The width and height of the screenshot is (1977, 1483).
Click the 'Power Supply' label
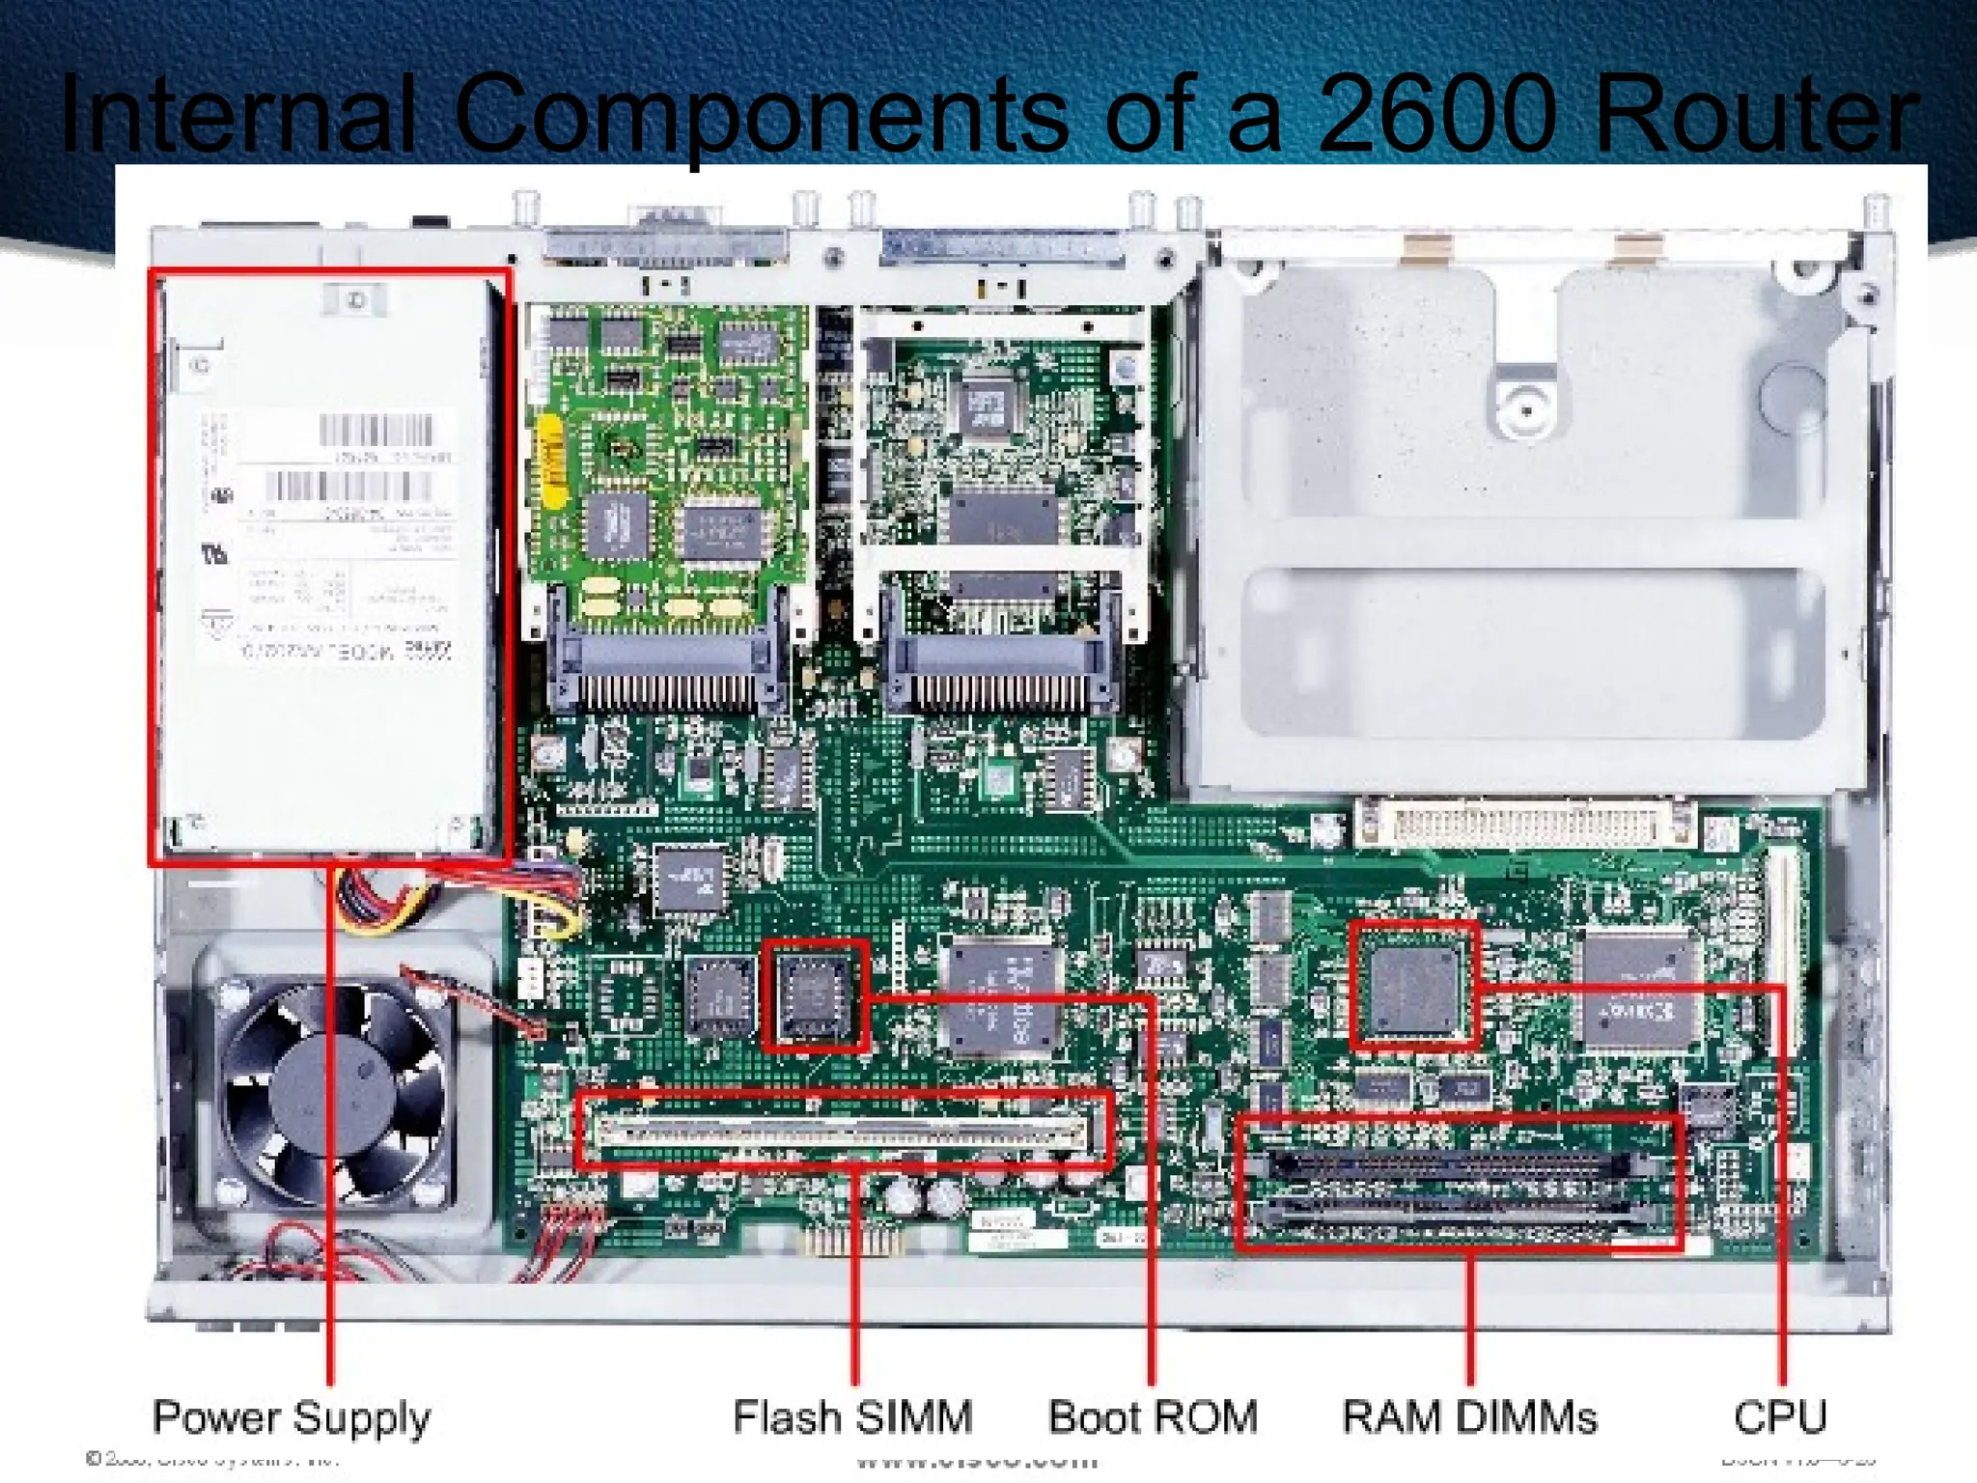[292, 1417]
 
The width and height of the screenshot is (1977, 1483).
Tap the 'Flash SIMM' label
[852, 1417]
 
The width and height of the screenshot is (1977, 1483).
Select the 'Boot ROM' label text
[1153, 1417]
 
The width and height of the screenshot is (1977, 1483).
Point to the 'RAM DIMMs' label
[1469, 1417]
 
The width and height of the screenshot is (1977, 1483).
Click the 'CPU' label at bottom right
[1780, 1417]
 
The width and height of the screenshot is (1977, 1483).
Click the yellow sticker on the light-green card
[550, 462]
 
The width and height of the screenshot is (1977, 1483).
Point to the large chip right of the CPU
[1639, 989]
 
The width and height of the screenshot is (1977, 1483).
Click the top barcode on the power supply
[376, 431]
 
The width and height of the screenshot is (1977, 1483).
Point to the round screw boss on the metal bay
[1526, 409]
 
